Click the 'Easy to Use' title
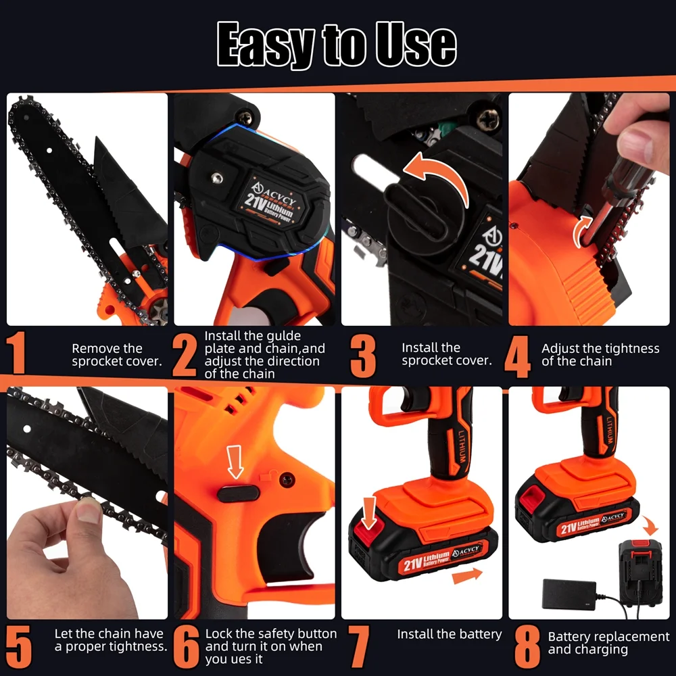point(337,45)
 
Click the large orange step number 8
point(527,646)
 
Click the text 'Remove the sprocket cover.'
point(116,355)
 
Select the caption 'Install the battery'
point(449,634)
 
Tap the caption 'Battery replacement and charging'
point(608,643)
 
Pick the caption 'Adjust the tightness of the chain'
point(600,355)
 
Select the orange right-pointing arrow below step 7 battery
point(467,576)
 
